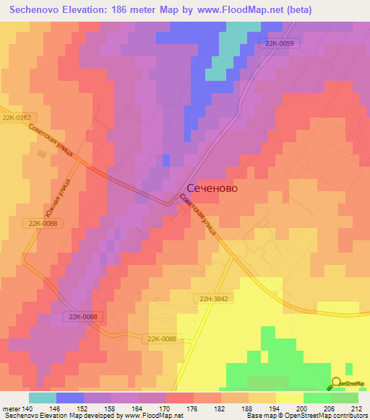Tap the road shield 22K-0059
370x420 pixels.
278,43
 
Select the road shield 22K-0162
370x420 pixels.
18,117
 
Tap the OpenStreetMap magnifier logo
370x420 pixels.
337,383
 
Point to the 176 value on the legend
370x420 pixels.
193,408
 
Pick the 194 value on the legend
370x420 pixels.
275,408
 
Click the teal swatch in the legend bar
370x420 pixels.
43,398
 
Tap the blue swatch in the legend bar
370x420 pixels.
70,398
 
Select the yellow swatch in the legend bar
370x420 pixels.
289,398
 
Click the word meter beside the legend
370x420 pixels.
10,408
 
